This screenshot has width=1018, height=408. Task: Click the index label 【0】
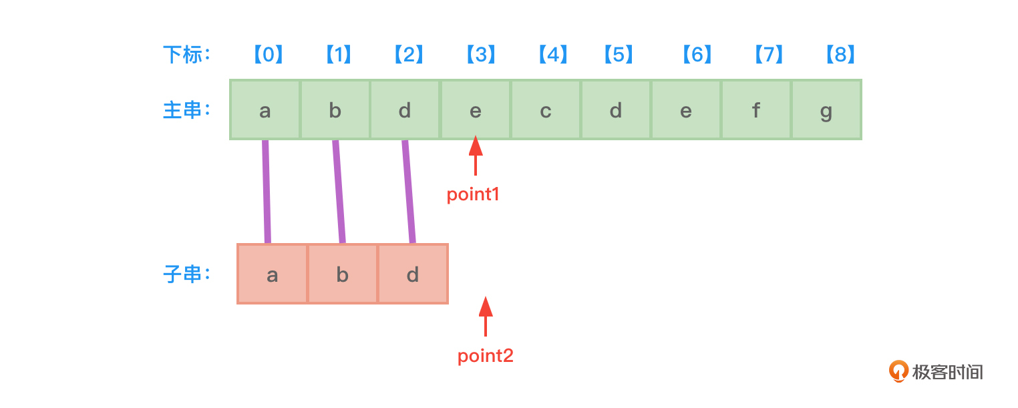268,55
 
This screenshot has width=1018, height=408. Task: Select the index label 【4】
552,55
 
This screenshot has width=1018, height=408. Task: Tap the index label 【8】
840,55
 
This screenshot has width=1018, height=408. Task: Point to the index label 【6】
697,55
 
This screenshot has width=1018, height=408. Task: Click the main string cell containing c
546,110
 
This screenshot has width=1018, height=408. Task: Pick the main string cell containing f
756,110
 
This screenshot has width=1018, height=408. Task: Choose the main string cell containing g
826,110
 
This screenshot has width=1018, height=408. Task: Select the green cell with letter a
265,110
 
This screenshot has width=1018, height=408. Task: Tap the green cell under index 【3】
476,110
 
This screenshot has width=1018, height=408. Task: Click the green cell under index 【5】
616,110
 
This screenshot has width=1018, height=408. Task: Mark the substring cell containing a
273,274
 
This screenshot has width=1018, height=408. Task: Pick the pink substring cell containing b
343,274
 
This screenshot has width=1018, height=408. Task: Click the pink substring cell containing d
413,274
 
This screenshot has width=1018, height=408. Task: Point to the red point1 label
473,194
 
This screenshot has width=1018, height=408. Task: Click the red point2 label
486,356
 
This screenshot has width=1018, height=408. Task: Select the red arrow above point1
476,155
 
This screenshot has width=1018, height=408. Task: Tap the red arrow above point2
486,316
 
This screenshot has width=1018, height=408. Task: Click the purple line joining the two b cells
339,192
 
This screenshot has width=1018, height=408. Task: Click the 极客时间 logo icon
899,371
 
